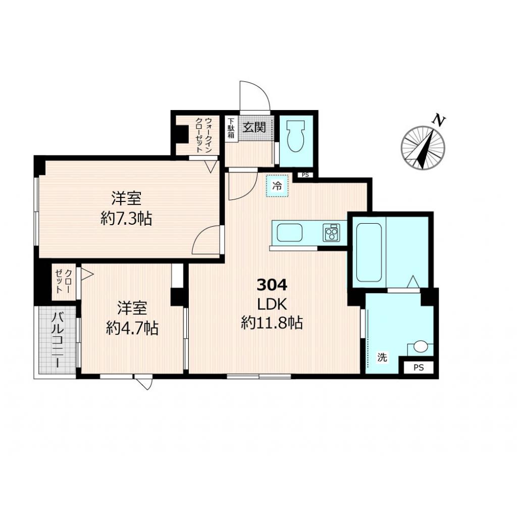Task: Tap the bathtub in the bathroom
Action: point(370,252)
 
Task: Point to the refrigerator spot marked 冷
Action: point(277,185)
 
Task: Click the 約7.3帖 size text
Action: point(126,219)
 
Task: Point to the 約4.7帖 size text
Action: point(132,329)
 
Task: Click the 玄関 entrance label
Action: point(254,126)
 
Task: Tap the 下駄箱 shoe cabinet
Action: point(231,128)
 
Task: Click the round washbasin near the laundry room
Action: point(421,347)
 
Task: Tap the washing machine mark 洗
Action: point(382,357)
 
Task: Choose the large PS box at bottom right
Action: point(418,368)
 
